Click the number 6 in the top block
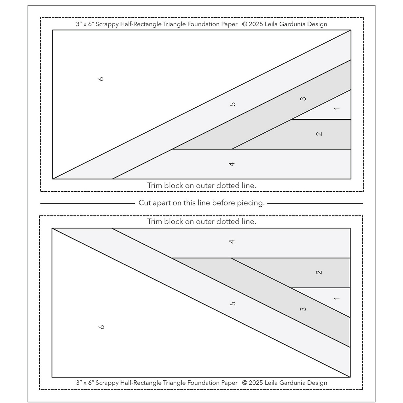(101, 79)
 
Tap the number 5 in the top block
(233, 104)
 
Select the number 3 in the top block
(303, 99)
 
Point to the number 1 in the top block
(337, 108)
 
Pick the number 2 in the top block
(319, 134)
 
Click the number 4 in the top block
(232, 164)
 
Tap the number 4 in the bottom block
(232, 241)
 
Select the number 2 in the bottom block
(319, 272)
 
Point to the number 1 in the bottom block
(337, 298)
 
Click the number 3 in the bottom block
(303, 309)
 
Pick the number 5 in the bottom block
(233, 303)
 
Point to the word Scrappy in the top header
(107, 24)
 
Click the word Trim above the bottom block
(155, 221)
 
